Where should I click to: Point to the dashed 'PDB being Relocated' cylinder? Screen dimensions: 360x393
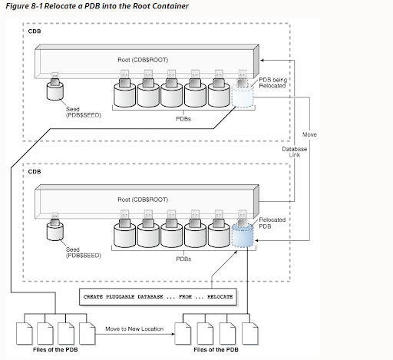point(241,97)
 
